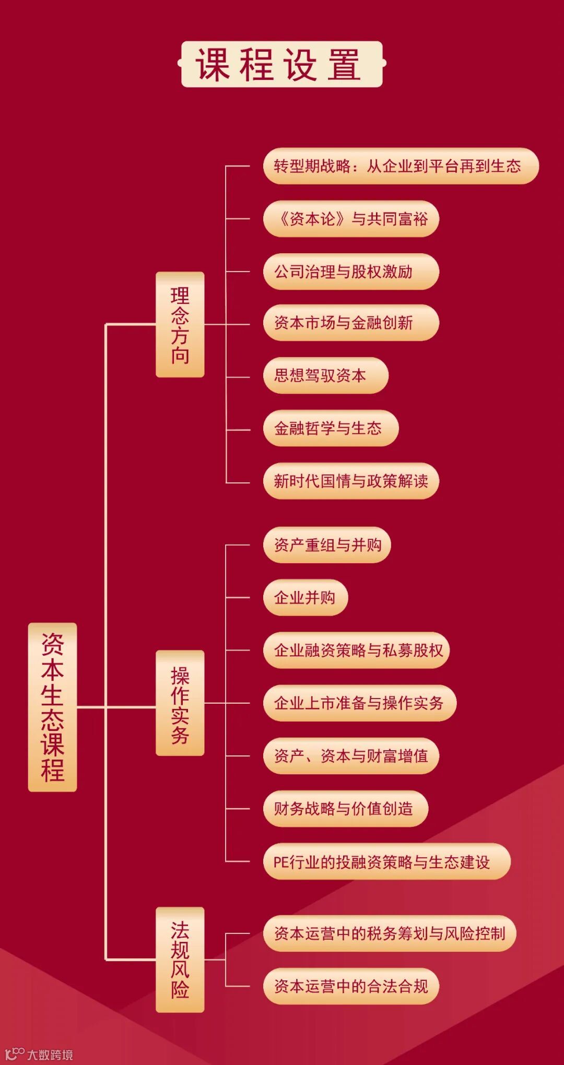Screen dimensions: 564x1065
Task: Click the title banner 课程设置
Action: coord(281,64)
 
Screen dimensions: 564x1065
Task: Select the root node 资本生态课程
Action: coord(52,707)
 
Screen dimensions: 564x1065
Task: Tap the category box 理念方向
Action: coord(180,324)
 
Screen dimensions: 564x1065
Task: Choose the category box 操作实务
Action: coord(180,703)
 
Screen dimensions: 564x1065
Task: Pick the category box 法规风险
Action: coord(180,960)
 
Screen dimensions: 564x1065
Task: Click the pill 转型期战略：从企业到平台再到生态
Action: coord(401,166)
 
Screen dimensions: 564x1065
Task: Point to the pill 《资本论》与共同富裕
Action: coord(351,219)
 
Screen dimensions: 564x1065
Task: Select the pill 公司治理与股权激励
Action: coord(351,271)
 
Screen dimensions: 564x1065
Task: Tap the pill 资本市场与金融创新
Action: coord(351,323)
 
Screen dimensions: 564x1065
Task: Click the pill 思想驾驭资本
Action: coord(325,375)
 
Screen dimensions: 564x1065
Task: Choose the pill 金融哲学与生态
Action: coord(331,429)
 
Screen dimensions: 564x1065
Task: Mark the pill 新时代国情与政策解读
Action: coord(351,481)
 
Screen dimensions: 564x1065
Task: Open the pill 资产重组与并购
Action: coord(327,545)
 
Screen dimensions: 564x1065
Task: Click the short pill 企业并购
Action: coord(305,597)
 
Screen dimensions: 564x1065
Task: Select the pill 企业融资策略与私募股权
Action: coord(356,650)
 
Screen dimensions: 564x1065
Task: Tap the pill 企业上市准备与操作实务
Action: coord(360,703)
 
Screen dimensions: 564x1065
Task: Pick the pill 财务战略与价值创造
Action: coord(346,808)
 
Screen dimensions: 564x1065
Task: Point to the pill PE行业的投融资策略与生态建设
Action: coord(386,861)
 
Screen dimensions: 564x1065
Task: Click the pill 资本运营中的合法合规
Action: coord(351,986)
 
